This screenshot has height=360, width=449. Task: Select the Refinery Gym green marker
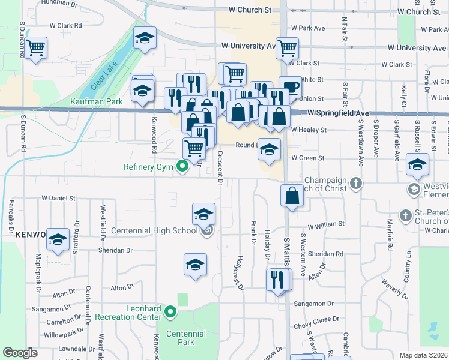click(x=181, y=168)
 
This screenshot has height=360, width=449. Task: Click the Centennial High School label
click(x=155, y=230)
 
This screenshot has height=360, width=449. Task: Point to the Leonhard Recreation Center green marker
click(x=171, y=311)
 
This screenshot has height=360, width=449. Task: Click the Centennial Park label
click(x=186, y=338)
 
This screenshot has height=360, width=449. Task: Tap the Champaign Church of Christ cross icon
click(x=356, y=182)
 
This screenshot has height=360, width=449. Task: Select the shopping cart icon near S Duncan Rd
click(x=37, y=47)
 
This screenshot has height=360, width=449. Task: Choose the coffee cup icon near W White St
click(x=291, y=86)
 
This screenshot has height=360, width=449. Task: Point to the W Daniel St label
click(x=58, y=197)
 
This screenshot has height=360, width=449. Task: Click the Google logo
click(x=20, y=353)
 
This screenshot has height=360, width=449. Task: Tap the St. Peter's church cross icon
click(x=406, y=215)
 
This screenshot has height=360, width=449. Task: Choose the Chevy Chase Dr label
click(x=312, y=320)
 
